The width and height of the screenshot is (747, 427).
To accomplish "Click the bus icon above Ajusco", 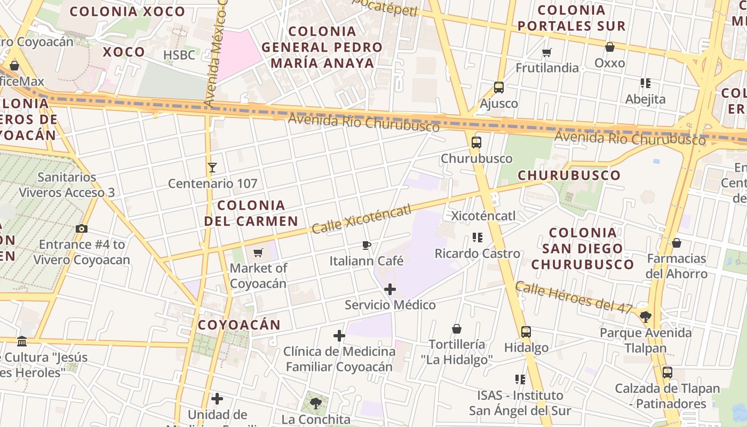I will point(499,87).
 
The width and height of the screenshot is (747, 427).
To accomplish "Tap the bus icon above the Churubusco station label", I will point(476,143).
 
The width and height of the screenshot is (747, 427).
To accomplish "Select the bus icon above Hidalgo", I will point(526,331).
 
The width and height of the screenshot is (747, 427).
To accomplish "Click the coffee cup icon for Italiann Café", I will point(366,245).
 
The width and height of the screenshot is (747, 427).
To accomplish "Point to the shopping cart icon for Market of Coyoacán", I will point(258,252).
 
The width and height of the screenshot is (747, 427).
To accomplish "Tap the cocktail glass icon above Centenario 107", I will point(212,168).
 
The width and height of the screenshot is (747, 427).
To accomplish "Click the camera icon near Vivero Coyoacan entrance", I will point(82,228).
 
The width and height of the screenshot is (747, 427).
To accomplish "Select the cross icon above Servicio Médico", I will point(390,289).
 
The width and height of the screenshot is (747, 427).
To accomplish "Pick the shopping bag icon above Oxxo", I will point(610,47).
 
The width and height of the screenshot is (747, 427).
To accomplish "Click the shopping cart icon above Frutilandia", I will point(546,52).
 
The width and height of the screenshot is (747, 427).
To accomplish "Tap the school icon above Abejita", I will point(646,83).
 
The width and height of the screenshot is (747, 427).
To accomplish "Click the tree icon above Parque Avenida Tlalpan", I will point(646,317).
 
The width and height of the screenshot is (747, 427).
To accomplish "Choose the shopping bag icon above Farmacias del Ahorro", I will point(677,243).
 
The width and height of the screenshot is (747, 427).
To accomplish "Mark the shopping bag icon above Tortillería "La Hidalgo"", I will point(457,328).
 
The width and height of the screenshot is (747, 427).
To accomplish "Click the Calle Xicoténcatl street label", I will point(362,219).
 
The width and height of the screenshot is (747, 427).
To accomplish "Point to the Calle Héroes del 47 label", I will point(574,297).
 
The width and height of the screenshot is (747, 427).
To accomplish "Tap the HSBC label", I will point(179,55).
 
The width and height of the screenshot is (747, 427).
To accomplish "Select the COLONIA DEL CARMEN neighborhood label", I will point(251,213).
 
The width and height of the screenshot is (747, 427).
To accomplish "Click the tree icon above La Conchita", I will point(316,404).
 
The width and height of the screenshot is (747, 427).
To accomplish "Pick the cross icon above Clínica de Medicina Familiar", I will point(339,336).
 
